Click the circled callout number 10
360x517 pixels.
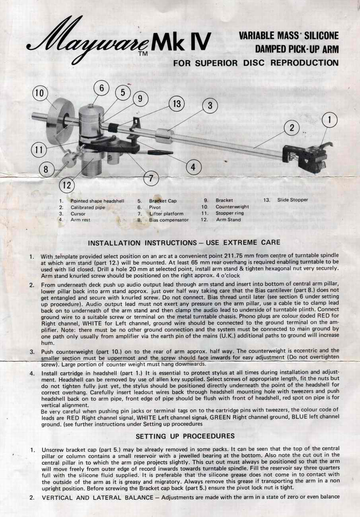(40, 93)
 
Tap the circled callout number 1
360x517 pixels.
(329, 120)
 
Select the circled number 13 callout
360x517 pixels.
(177, 103)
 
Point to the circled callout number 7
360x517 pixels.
(151, 178)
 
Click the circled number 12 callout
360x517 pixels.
(67, 185)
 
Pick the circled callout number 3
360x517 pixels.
(210, 105)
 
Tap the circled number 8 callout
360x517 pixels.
(46, 169)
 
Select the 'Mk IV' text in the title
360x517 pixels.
(181, 41)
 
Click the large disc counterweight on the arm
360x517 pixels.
(59, 121)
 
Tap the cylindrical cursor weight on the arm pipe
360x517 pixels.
(164, 136)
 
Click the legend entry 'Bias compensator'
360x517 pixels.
(169, 220)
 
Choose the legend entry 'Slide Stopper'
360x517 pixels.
(292, 200)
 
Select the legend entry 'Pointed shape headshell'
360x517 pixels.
(97, 201)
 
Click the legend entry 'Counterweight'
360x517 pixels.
(232, 206)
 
